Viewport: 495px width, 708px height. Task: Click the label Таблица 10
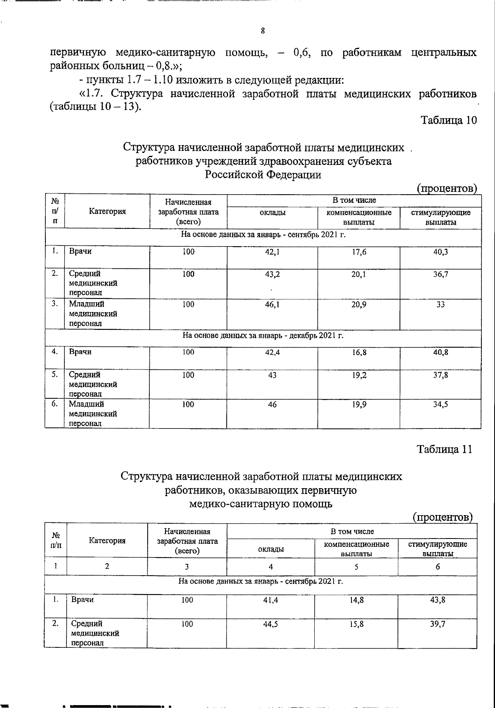[448, 120]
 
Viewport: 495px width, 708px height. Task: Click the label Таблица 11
[444, 449]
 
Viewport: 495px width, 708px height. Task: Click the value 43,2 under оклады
[272, 274]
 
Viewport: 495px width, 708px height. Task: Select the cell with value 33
[441, 304]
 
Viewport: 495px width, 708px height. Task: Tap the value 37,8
[441, 375]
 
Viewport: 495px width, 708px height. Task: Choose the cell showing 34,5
[441, 405]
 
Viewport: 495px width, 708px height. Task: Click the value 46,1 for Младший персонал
[272, 304]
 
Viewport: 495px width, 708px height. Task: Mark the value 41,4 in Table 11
[271, 600]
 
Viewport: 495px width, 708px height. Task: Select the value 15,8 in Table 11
[356, 624]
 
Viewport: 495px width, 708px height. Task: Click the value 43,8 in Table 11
[438, 600]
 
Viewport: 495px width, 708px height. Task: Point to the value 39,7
[438, 624]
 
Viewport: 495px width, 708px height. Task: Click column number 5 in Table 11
[356, 567]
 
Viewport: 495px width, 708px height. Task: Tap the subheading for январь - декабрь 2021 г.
[263, 335]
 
